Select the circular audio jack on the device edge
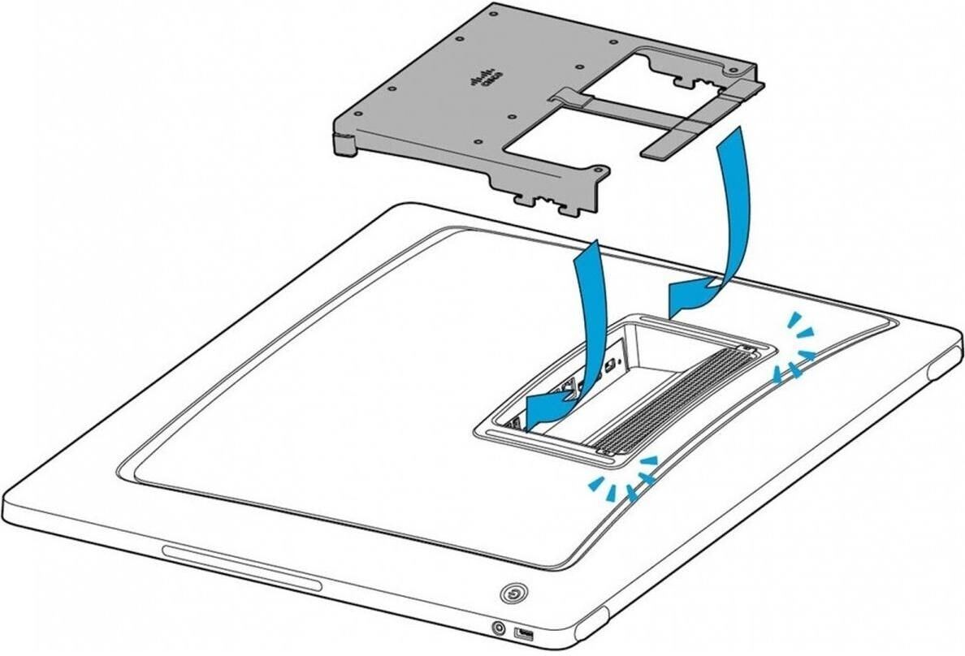point(500,626)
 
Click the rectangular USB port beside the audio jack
point(523,632)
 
